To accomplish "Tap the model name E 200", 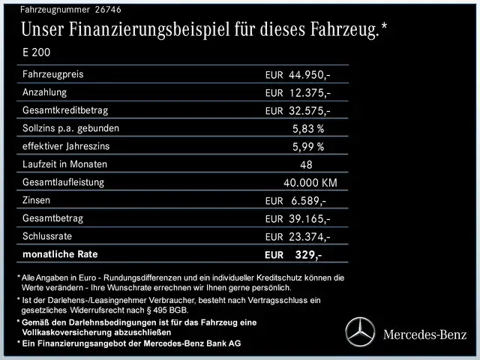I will pos(37,53).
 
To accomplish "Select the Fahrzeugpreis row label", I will pos(53,74).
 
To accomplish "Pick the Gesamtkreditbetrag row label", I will pos(66,110).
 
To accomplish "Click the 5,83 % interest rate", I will pos(308,129).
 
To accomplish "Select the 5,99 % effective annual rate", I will pos(308,147).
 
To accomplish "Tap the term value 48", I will pos(306,165).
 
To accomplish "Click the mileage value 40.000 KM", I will pos(310,183).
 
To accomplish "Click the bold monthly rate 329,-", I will pos(308,255).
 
